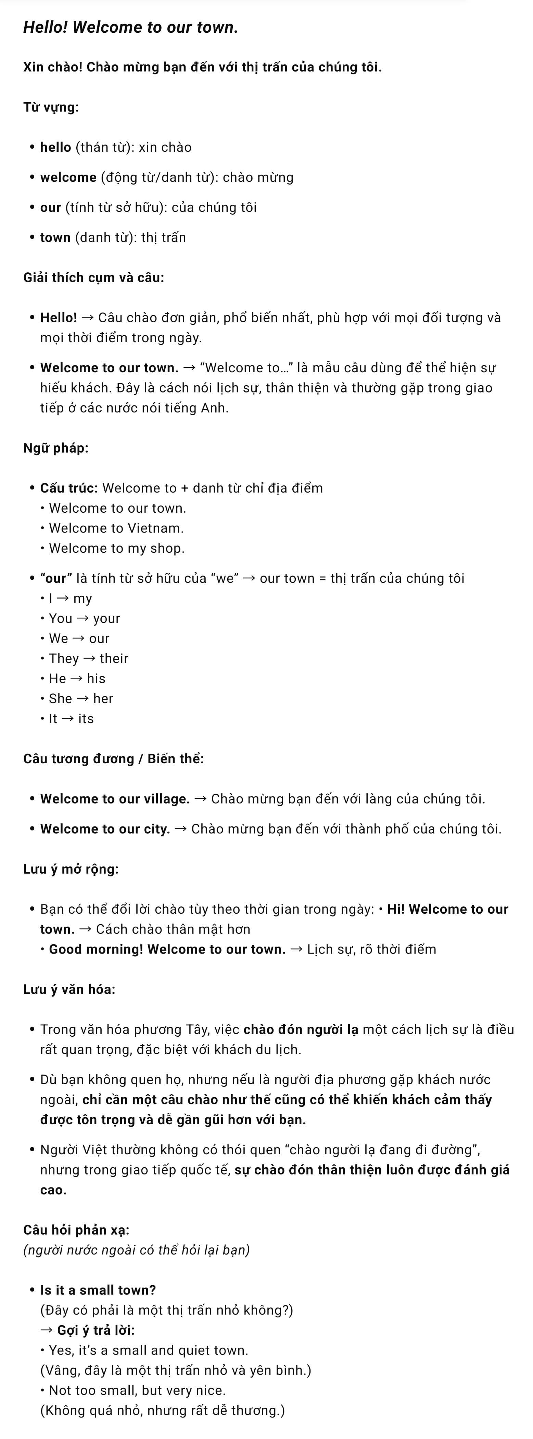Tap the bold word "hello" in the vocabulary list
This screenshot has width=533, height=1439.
pyautogui.click(x=55, y=147)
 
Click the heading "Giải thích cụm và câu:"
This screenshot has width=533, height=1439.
pyautogui.click(x=93, y=278)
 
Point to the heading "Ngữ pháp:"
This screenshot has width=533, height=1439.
pyautogui.click(x=55, y=448)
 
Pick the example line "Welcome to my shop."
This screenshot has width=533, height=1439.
pyautogui.click(x=116, y=549)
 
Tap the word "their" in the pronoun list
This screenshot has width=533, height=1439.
pyautogui.click(x=114, y=659)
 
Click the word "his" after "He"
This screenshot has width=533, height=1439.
pyautogui.click(x=96, y=679)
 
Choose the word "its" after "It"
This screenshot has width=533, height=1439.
pyautogui.click(x=86, y=719)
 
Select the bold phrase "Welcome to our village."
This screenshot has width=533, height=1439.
pyautogui.click(x=115, y=799)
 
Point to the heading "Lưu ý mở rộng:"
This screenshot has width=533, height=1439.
pyautogui.click(x=71, y=869)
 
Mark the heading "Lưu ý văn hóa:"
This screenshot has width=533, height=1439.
pyautogui.click(x=69, y=990)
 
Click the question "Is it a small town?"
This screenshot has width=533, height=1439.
pyautogui.click(x=98, y=1290)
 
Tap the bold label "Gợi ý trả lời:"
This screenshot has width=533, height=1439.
pyautogui.click(x=96, y=1331)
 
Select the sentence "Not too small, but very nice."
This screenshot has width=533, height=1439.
pyautogui.click(x=137, y=1391)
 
